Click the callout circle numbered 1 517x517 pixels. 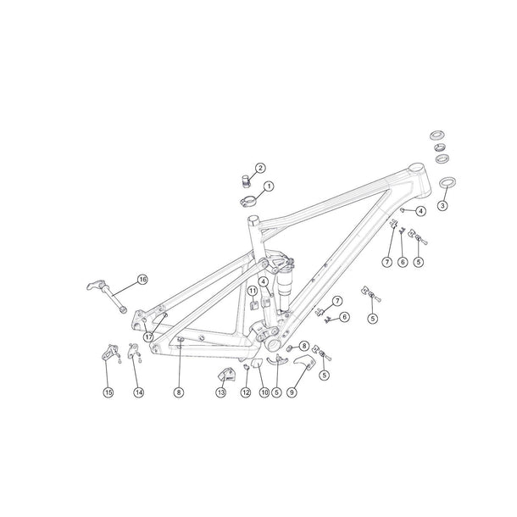coord(269,186)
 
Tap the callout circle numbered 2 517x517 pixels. coord(260,168)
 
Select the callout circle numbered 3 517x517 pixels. coord(442,205)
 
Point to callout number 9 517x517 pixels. coord(292,392)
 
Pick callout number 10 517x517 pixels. coord(264,392)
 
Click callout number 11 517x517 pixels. coord(252,291)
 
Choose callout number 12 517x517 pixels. coord(245,392)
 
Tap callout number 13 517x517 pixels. coord(220,392)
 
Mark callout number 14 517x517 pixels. coord(139,392)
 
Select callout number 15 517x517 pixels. coord(108,392)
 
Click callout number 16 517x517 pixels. coord(142,279)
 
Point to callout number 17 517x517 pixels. coord(148,336)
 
